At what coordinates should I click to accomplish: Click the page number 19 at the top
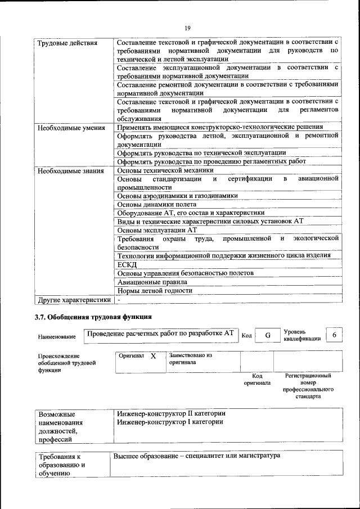point(188,28)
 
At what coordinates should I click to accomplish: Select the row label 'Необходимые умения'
point(71,128)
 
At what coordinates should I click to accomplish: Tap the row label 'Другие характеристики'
point(74,300)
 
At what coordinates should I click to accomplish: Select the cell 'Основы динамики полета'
point(156,204)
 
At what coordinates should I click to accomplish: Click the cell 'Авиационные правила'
point(152,282)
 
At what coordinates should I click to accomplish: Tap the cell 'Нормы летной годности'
point(155,291)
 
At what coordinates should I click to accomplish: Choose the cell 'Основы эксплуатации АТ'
point(156,230)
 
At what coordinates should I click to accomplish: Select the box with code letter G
point(268,335)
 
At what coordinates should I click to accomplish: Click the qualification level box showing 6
point(335,335)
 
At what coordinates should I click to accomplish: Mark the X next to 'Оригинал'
point(153,356)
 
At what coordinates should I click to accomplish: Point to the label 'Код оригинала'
point(257,379)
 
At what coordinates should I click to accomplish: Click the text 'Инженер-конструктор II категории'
point(169,413)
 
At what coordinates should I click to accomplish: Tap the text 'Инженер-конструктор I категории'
point(168,422)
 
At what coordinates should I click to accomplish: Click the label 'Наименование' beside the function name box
point(57,337)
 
